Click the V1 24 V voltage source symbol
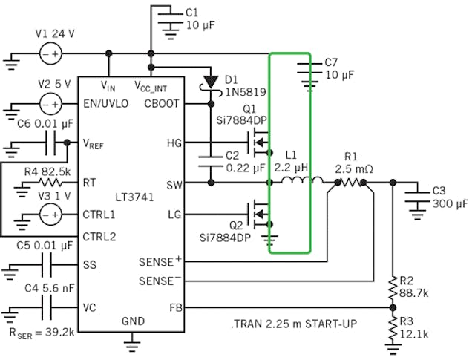(x=50, y=54)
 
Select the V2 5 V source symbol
(x=50, y=104)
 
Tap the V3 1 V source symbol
(x=50, y=216)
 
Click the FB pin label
(x=171, y=306)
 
